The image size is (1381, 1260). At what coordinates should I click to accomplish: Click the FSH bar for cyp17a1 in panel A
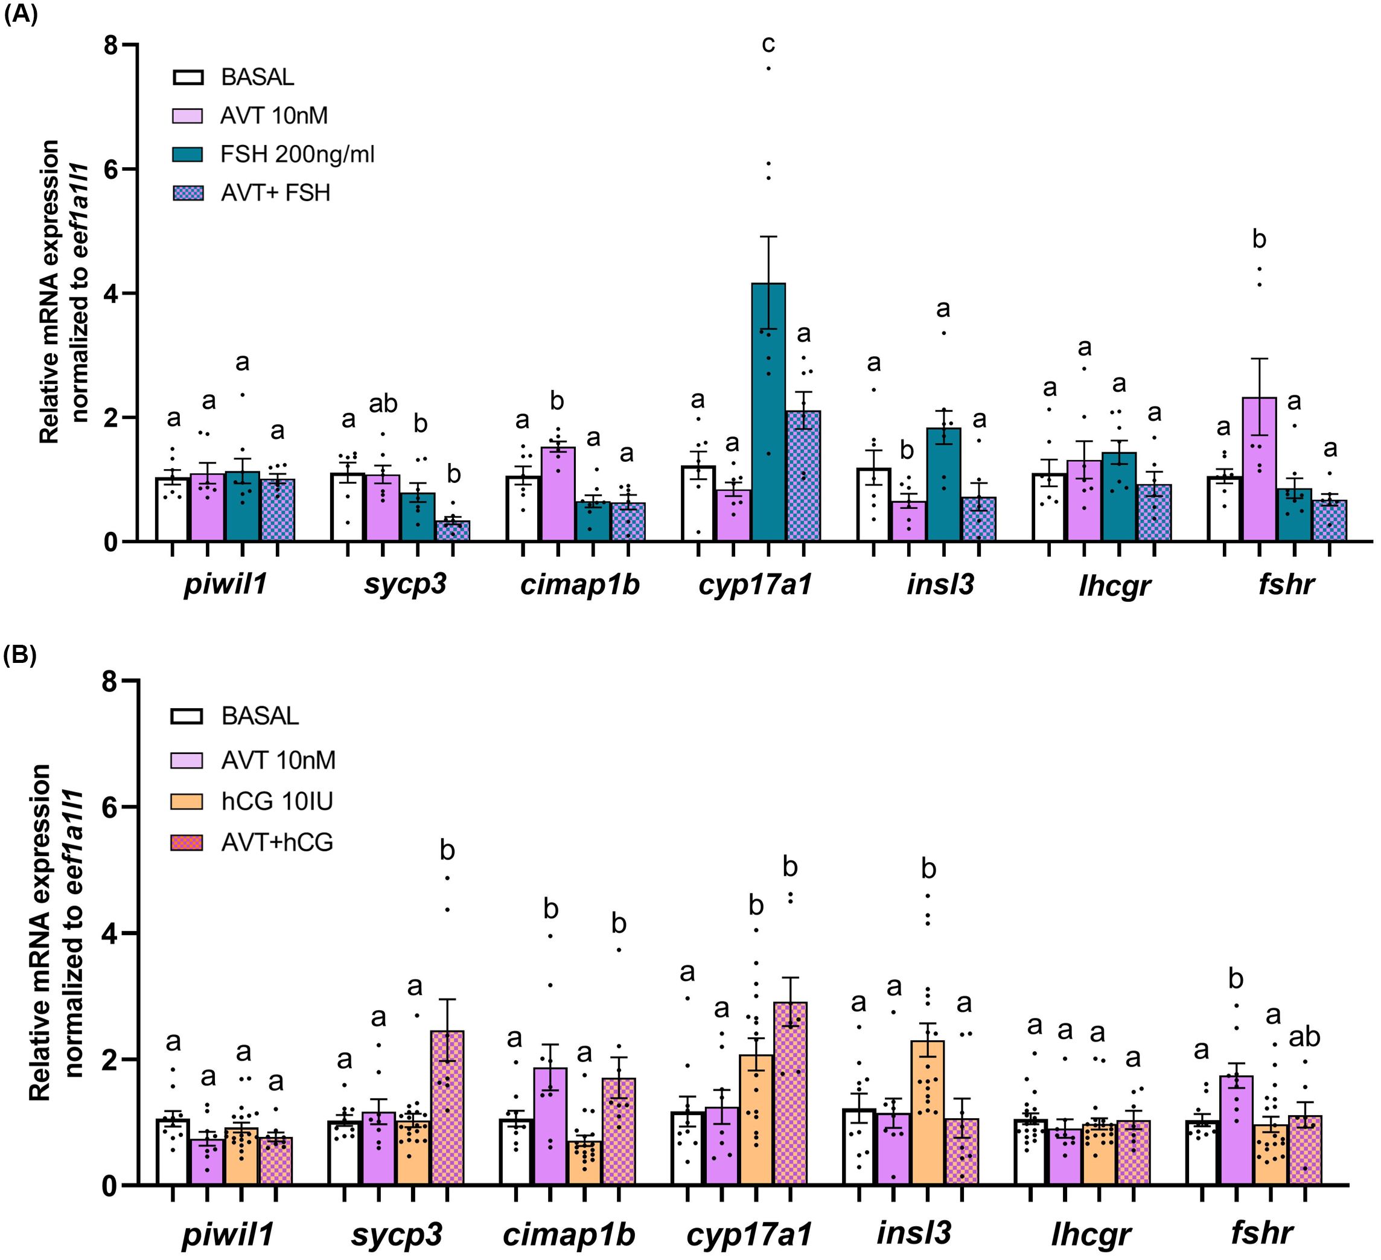(x=768, y=412)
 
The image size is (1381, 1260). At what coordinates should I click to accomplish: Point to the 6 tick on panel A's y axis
(x=112, y=169)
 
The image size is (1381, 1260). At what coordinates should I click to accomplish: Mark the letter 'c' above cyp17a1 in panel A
(x=768, y=44)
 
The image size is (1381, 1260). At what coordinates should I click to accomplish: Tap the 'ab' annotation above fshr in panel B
(x=1304, y=1037)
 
